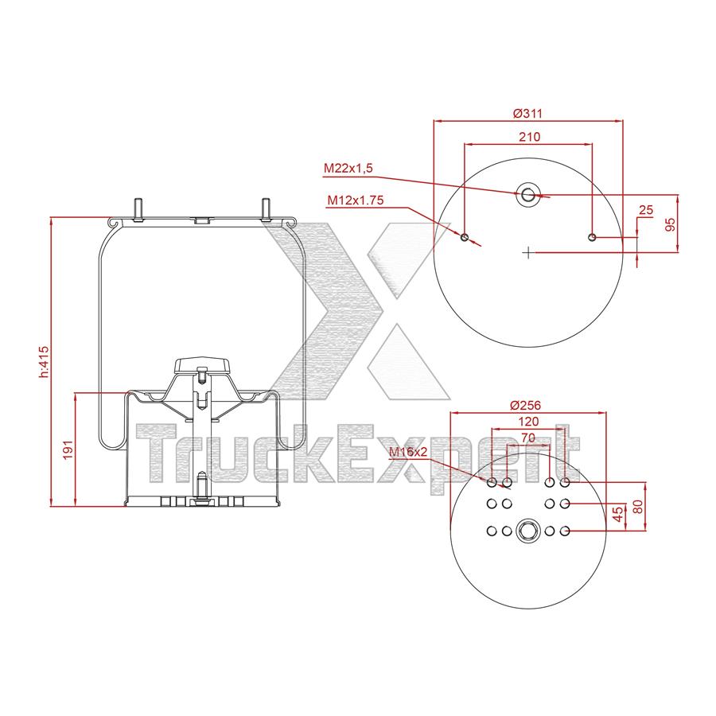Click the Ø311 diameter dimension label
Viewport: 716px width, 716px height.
point(527,113)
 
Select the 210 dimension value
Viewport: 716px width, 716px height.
point(528,136)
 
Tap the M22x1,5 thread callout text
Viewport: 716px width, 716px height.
point(348,168)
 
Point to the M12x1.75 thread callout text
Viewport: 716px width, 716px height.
point(355,200)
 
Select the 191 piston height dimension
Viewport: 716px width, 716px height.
point(68,449)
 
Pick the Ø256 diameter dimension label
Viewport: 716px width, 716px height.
point(527,404)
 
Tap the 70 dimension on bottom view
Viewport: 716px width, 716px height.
point(528,437)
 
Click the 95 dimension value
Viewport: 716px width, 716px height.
point(670,224)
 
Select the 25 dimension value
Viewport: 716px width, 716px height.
point(646,210)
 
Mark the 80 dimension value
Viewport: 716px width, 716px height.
point(636,507)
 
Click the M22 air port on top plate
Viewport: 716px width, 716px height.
point(527,193)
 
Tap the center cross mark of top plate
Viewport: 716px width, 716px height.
point(527,253)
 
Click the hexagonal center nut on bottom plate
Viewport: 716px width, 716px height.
point(527,531)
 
